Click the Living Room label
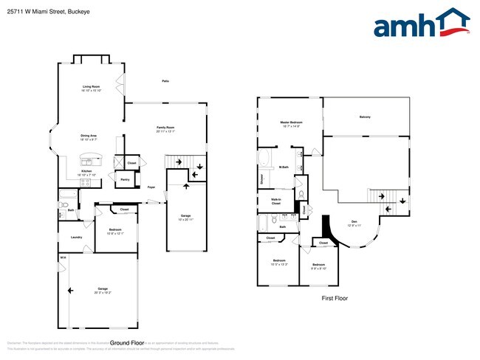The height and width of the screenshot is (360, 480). pyautogui.click(x=92, y=87)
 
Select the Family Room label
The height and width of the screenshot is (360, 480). pyautogui.click(x=165, y=127)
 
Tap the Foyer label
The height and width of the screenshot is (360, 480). pyautogui.click(x=151, y=187)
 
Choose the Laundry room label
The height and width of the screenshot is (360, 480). pyautogui.click(x=76, y=237)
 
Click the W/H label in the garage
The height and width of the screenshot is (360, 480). pyautogui.click(x=63, y=257)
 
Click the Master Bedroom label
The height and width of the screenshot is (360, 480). pyautogui.click(x=291, y=122)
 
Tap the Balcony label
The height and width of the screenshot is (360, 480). pyautogui.click(x=365, y=117)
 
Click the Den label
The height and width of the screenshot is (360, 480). pyautogui.click(x=354, y=221)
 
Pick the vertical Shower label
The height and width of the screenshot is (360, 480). pyautogui.click(x=261, y=179)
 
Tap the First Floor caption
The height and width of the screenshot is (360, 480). pyautogui.click(x=334, y=298)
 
